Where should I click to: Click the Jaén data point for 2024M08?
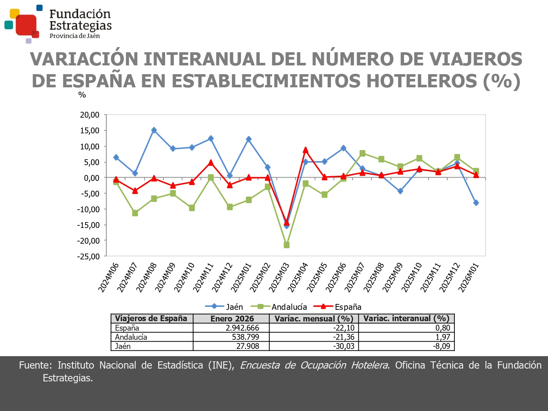154,130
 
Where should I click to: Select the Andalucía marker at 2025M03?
286,245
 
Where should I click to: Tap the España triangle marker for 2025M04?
305,150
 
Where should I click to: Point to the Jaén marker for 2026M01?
476,203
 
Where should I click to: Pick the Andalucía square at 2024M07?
135,213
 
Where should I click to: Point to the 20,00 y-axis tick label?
90,115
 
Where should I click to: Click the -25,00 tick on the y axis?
88,256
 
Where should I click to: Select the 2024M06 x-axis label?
109,278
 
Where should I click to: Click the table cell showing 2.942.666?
242,328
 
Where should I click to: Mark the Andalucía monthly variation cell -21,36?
344,337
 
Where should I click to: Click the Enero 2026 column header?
232,319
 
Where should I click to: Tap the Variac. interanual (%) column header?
406,319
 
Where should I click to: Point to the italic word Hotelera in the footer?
369,365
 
